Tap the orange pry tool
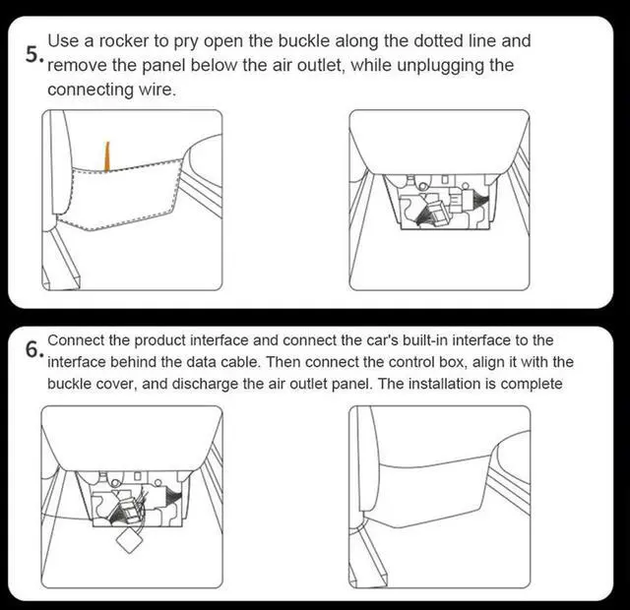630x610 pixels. point(107,156)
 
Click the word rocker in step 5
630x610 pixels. point(123,41)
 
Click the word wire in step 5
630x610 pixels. point(157,90)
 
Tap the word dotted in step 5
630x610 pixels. point(438,41)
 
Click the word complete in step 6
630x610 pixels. point(532,385)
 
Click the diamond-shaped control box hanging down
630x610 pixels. point(129,540)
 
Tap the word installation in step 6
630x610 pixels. point(444,384)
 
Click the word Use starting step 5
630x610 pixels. point(63,41)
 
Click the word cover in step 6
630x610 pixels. point(114,385)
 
